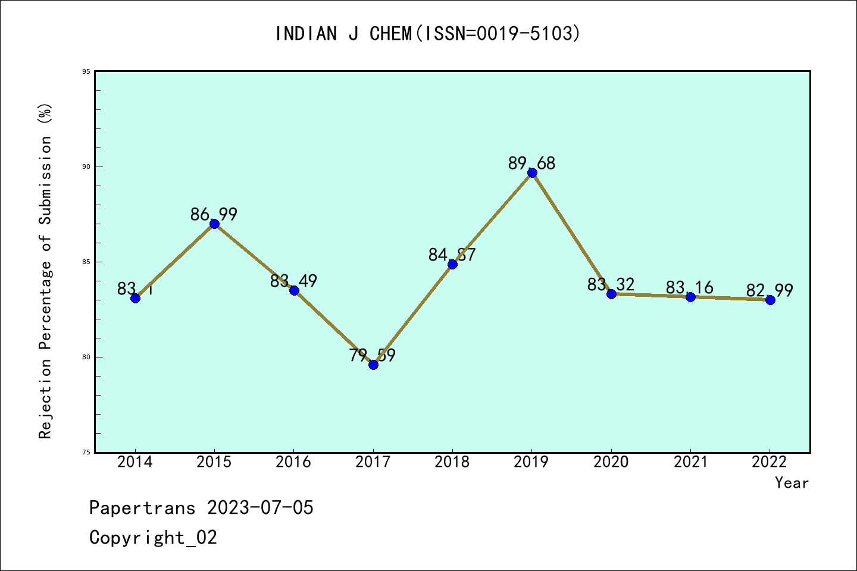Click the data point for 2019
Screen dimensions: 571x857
coord(532,173)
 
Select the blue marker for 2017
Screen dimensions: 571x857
coord(373,365)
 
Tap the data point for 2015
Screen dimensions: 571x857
coord(214,224)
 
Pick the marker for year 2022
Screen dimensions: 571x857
coord(770,300)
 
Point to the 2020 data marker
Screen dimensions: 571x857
coord(611,294)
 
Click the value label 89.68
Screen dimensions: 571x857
coord(531,163)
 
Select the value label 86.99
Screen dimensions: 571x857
coord(214,214)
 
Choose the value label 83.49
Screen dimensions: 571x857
coord(293,281)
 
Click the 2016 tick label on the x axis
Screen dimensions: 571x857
coord(293,462)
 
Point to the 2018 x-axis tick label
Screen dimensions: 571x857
coord(452,462)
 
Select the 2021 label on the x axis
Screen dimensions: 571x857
coord(690,462)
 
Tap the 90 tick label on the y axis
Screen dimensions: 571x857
coord(86,167)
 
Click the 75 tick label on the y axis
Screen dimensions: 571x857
coord(86,452)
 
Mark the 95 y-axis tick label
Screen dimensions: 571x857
coord(86,71)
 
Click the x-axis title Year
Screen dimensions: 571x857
coord(792,483)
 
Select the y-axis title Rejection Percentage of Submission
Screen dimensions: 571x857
coord(45,271)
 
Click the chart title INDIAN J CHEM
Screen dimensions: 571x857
coord(427,34)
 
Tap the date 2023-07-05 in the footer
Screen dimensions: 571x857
coord(260,508)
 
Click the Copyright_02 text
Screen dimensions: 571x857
coord(153,538)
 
